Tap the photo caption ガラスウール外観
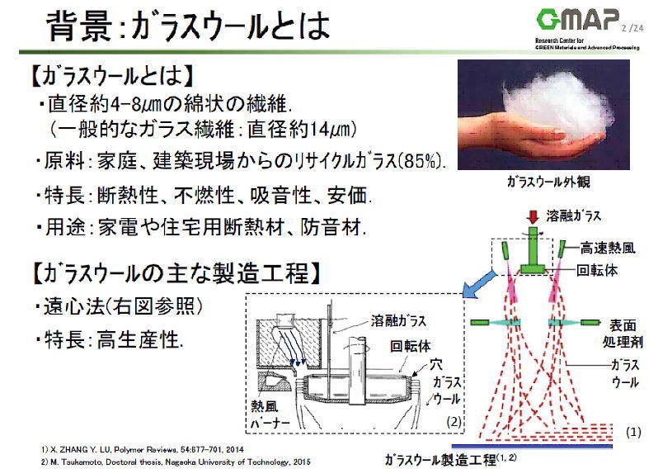(x=549, y=182)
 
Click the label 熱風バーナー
(x=272, y=415)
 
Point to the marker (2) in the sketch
(x=454, y=423)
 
